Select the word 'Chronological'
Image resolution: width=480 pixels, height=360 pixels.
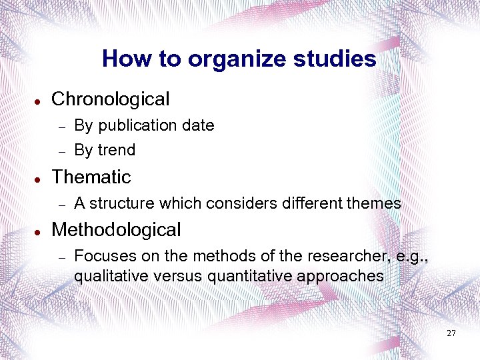[x=111, y=99]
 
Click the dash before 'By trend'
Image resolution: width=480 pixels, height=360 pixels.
[x=60, y=151]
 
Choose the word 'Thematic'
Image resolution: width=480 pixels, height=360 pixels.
[x=91, y=177]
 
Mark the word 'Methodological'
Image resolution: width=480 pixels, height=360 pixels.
[x=116, y=230]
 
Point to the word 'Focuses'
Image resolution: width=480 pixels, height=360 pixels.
[x=101, y=256]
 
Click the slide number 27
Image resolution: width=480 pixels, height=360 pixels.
[x=451, y=333]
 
